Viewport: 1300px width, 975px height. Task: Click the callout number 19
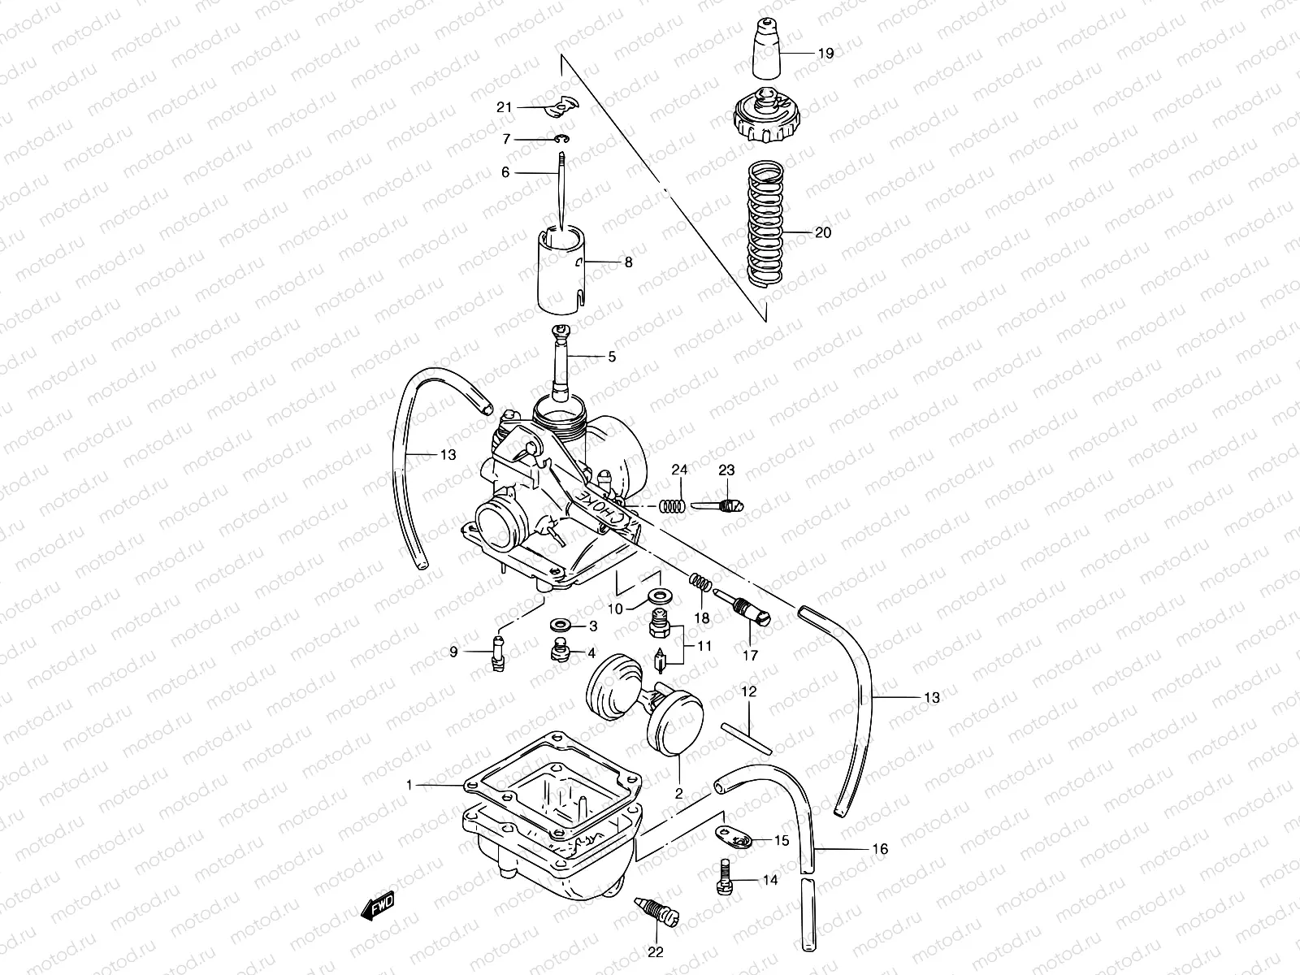click(825, 54)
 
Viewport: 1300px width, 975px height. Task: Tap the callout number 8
click(627, 262)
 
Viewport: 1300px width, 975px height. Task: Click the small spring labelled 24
click(672, 506)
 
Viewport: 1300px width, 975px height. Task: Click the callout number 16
click(879, 850)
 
